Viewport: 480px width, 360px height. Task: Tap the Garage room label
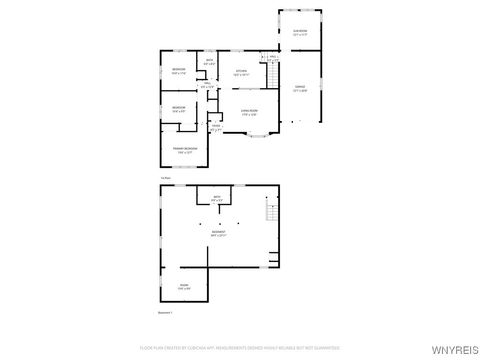tap(300, 89)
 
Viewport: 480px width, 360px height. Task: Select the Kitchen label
tap(241, 72)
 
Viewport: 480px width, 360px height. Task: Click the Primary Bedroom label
tap(185, 150)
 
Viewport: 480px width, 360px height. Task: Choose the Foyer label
tap(216, 127)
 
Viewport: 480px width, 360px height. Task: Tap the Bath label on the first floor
tap(210, 63)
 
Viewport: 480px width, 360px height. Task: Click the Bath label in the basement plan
tap(216, 198)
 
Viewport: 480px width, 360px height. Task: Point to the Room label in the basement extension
tap(185, 286)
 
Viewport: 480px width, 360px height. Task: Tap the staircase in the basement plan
tap(269, 211)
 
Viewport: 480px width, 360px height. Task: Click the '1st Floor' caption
tap(166, 177)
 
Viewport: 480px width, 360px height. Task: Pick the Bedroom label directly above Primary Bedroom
tap(178, 108)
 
